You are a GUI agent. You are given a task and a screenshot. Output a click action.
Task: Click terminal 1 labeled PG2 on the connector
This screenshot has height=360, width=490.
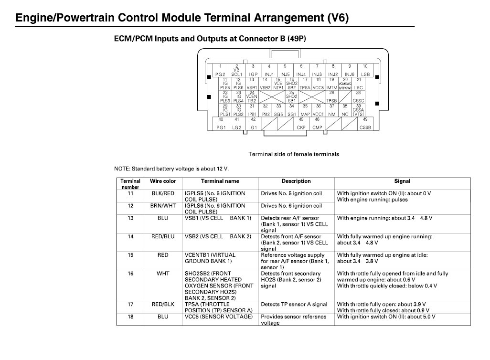220,70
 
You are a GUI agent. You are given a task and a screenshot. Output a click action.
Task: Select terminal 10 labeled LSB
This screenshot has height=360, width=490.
365,70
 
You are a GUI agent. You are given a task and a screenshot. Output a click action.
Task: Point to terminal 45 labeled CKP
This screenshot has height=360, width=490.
301,124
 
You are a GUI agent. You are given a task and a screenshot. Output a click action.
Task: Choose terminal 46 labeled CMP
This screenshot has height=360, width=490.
317,124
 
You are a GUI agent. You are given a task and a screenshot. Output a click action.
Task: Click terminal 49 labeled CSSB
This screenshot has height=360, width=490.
365,124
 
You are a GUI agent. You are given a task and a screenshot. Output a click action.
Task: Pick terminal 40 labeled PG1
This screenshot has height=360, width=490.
220,124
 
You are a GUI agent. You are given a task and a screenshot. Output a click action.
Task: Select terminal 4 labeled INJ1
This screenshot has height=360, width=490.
269,70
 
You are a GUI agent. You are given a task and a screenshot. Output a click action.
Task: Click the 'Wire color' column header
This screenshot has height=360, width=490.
163,181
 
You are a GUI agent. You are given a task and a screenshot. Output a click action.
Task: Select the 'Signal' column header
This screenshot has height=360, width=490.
402,181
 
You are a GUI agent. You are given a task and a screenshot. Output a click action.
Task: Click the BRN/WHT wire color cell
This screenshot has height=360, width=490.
163,206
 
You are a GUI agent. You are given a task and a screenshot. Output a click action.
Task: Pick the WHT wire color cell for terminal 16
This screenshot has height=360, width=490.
163,274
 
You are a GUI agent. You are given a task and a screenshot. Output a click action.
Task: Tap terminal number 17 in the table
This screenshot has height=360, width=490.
130,304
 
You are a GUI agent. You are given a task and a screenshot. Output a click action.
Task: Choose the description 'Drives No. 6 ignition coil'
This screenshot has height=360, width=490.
291,206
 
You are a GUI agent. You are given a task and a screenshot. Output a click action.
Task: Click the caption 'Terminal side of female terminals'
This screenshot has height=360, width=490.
294,154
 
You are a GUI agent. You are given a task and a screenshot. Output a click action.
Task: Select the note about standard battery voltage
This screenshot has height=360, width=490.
171,169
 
